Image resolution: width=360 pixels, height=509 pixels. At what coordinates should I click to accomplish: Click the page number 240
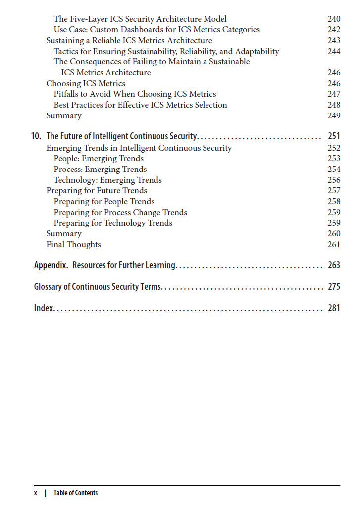(x=334, y=19)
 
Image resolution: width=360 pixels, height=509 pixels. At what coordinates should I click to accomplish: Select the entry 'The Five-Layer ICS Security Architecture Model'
(x=140, y=19)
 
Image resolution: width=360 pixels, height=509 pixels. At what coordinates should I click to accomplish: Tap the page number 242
(x=334, y=30)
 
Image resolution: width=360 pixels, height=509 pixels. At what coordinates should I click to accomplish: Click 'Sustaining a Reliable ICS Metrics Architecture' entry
(x=129, y=41)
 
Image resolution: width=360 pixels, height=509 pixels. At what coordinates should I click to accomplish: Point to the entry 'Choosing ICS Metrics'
(x=86, y=83)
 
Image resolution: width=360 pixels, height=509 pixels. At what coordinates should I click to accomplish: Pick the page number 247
(x=334, y=94)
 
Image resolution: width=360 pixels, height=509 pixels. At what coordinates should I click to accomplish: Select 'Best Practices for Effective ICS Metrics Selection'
(x=141, y=105)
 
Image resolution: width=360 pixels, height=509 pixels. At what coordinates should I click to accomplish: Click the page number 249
(x=334, y=115)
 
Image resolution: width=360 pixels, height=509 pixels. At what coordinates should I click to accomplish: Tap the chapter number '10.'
(x=36, y=136)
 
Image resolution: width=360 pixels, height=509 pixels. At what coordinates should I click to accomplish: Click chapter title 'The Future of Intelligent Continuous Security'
(x=122, y=136)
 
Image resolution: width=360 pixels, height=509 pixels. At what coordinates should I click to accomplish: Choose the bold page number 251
(x=334, y=136)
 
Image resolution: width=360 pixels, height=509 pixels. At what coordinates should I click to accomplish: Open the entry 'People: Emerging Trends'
(x=99, y=159)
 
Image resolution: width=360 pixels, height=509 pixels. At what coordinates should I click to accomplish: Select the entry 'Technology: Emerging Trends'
(x=108, y=180)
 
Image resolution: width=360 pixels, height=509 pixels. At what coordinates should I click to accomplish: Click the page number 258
(x=334, y=201)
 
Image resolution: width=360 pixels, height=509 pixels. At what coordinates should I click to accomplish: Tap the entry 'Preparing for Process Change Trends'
(x=120, y=212)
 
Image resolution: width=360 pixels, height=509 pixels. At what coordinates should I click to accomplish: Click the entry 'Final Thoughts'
(x=73, y=244)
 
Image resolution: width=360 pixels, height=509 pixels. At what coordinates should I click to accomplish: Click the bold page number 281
(x=334, y=308)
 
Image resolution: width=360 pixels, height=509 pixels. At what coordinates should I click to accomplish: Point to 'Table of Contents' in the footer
(x=76, y=493)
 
